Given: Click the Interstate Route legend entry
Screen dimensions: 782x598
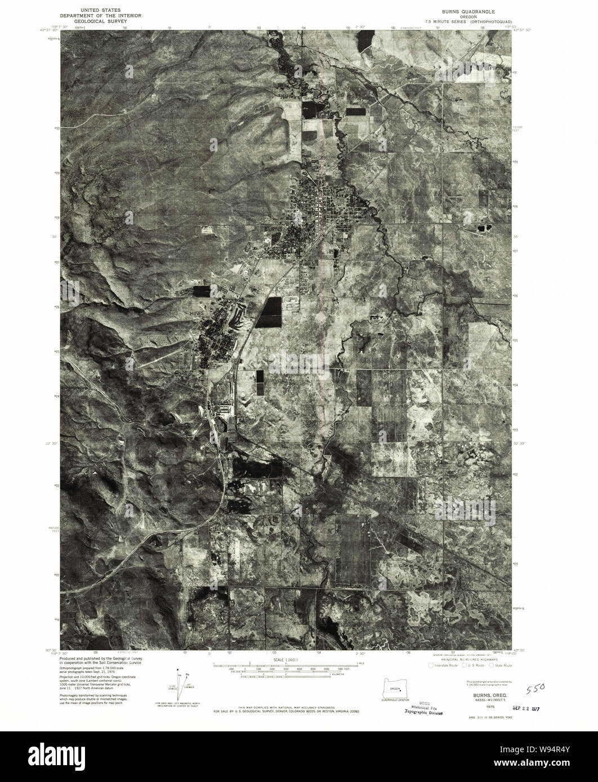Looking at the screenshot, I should [444, 666].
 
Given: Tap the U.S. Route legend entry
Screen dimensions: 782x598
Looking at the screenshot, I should [472, 666].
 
